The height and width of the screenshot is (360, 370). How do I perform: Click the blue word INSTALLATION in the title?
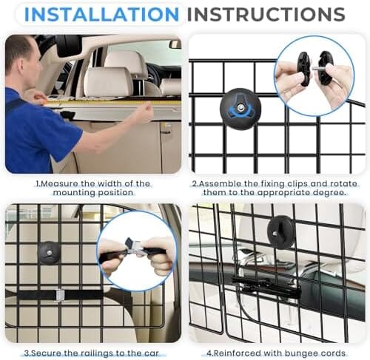(101, 14)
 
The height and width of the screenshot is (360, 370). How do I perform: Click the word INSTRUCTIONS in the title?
(266, 14)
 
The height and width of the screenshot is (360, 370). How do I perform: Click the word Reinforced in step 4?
(236, 353)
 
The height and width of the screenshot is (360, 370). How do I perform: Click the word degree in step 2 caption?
(331, 193)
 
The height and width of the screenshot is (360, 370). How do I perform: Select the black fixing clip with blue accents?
(240, 109)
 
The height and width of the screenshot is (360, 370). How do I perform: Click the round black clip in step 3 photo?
(49, 253)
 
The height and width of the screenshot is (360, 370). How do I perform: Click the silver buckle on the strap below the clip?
(60, 295)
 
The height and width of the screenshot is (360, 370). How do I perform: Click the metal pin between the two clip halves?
(316, 69)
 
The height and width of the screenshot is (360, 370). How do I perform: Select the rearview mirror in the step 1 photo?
(175, 44)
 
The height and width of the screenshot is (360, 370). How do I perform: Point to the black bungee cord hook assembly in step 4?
(266, 287)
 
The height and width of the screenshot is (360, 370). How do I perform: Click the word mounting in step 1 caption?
(73, 193)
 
